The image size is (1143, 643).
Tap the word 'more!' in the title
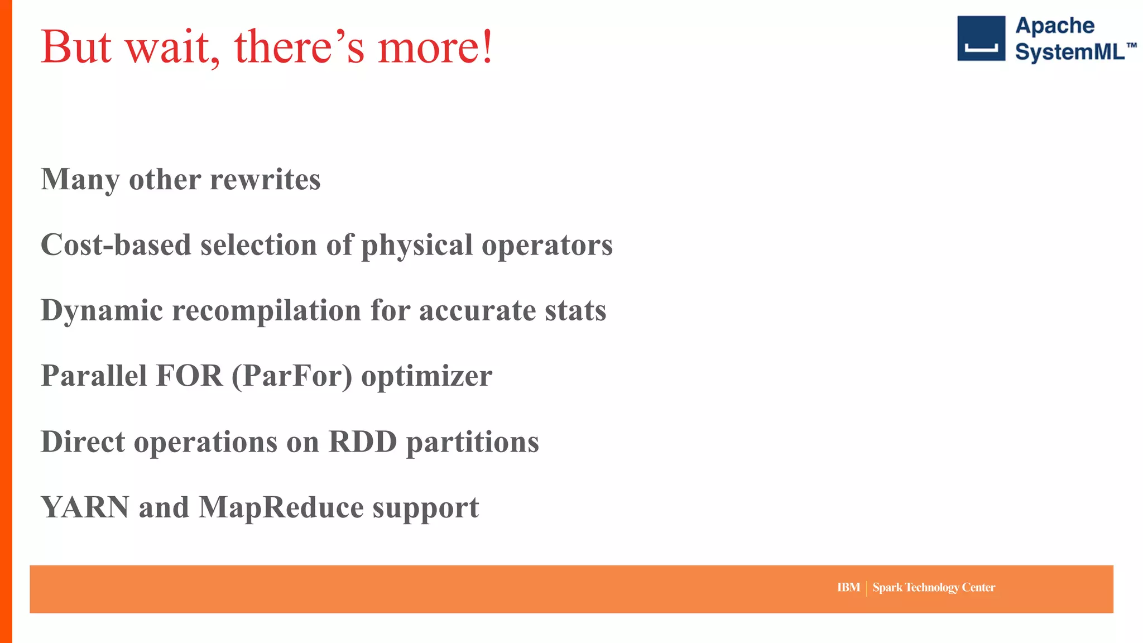coord(435,47)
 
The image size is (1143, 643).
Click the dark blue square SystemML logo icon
coord(981,39)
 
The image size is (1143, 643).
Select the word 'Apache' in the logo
coord(1054,26)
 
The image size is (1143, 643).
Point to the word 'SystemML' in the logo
coord(1069,52)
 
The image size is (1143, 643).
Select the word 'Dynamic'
coord(102,311)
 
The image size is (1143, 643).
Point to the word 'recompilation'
coord(267,311)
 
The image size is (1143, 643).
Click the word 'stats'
coord(575,311)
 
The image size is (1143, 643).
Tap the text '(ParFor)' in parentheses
coord(292,376)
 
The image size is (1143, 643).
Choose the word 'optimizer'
coord(426,376)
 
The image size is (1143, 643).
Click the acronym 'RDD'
coord(363,442)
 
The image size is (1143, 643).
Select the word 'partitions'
coord(472,442)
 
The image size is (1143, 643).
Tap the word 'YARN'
coord(85,507)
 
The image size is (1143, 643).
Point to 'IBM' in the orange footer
coord(848,587)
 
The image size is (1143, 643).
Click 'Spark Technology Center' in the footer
coord(934,587)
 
